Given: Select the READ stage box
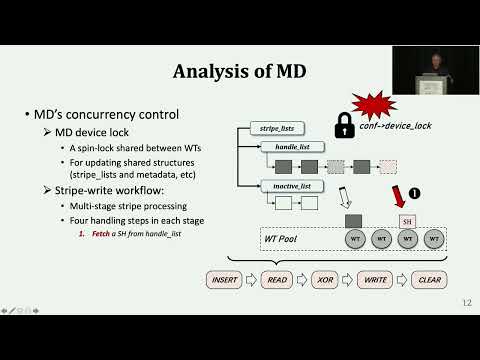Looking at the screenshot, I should (x=279, y=280).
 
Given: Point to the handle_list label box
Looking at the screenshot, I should (x=283, y=146).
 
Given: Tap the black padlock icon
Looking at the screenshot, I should (x=342, y=124).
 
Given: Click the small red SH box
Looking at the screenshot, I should (x=406, y=220).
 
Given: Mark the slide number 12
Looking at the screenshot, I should (x=467, y=303).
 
